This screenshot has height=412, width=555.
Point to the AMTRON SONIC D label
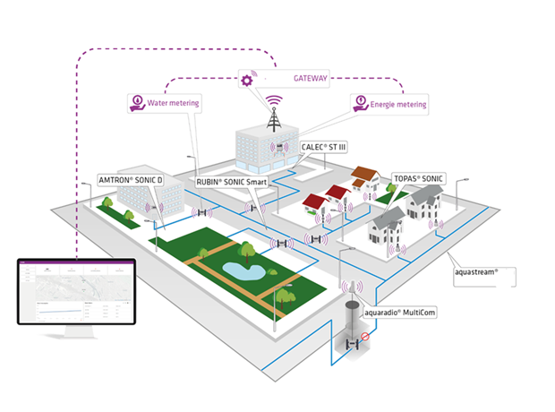click(131, 180)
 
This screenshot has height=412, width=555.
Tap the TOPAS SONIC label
click(418, 179)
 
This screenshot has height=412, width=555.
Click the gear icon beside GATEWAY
click(247, 80)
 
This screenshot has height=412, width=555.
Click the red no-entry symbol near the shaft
click(365, 339)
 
